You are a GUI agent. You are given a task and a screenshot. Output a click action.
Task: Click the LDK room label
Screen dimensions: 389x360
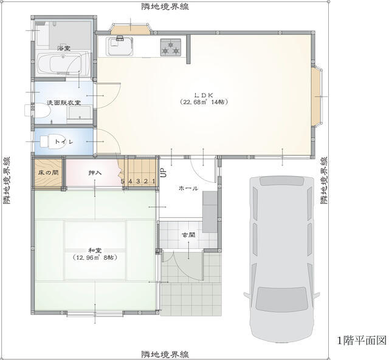click(x=204, y=95)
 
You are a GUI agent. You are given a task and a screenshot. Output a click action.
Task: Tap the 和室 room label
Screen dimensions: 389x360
click(x=95, y=251)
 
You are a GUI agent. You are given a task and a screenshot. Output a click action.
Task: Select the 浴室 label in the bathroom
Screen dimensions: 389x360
click(x=63, y=48)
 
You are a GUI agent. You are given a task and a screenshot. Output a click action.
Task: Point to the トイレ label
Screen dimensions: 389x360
click(x=64, y=142)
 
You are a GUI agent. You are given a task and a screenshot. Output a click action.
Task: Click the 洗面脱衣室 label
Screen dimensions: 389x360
click(x=64, y=103)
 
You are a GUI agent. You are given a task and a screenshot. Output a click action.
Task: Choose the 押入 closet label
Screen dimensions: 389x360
click(x=95, y=172)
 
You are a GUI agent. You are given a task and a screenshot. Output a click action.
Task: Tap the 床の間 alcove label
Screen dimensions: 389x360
click(x=49, y=172)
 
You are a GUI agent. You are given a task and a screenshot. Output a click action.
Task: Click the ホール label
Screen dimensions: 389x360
click(x=188, y=188)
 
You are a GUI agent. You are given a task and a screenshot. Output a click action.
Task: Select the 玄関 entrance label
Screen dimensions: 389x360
click(x=188, y=235)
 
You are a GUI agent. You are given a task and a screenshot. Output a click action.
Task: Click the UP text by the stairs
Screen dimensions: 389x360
click(x=164, y=173)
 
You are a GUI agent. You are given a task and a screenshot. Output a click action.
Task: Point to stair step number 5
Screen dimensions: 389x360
click(x=123, y=181)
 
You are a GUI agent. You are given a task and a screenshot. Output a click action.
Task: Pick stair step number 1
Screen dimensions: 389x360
click(x=154, y=181)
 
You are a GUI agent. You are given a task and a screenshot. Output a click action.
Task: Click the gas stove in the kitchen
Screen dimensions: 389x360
click(x=170, y=47)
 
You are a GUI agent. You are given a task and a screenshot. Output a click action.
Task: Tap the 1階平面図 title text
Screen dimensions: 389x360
click(x=362, y=341)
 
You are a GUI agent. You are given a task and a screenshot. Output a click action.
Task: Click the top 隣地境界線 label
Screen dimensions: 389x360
click(x=165, y=6)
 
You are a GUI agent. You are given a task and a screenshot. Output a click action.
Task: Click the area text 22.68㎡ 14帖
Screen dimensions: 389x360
click(x=204, y=102)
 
